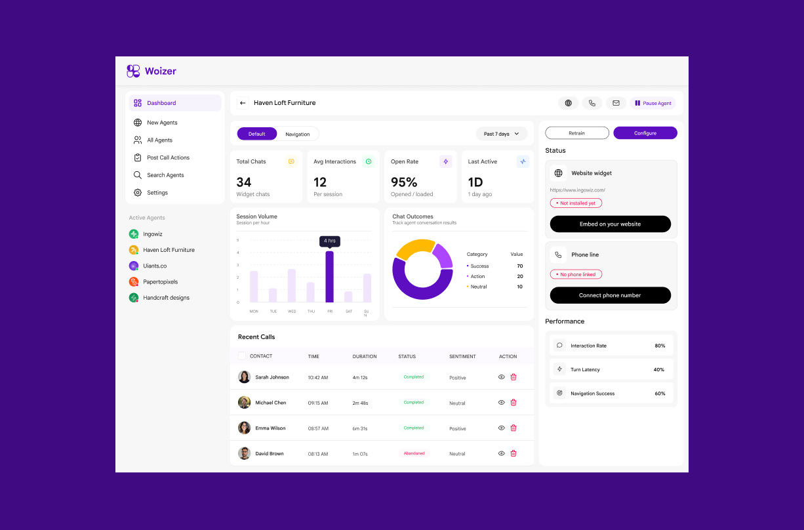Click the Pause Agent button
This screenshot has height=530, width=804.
(653, 103)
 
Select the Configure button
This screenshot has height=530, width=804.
(645, 133)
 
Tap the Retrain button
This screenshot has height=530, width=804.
(577, 133)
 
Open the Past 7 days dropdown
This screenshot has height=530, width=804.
(502, 134)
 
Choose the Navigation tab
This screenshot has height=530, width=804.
(298, 134)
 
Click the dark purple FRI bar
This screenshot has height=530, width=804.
(329, 277)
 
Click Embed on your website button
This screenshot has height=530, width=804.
(610, 224)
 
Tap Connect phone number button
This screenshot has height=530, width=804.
(610, 295)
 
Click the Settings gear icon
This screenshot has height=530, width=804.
(138, 192)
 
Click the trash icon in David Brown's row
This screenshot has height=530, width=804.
(513, 453)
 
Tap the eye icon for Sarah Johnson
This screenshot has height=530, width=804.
(502, 377)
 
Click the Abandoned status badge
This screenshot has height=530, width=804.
(414, 453)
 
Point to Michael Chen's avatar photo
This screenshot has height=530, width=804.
(244, 402)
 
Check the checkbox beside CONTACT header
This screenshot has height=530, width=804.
(242, 356)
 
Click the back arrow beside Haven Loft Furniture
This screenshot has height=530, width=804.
(243, 103)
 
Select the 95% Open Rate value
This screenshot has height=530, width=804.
(404, 182)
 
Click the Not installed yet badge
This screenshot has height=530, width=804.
(576, 203)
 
